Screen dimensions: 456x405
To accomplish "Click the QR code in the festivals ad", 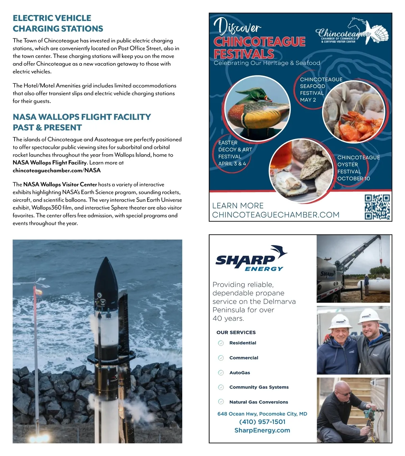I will (377, 207).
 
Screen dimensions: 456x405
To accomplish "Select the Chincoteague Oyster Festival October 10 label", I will (358, 168).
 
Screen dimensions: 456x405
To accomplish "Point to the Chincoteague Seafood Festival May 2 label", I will (321, 90).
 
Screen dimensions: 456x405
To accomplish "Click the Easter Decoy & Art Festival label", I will (235, 153).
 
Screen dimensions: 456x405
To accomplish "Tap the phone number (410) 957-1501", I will (262, 422).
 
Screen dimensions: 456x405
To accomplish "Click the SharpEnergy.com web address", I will (262, 430).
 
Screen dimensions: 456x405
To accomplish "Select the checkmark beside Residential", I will (221, 343).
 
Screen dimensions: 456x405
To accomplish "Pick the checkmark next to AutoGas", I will (221, 373).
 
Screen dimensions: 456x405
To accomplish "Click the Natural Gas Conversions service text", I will (259, 402).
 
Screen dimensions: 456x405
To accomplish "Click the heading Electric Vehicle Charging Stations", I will (58, 23).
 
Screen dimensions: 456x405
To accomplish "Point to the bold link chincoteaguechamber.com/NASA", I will (57, 170).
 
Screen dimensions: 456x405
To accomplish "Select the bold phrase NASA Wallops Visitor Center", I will (60, 184).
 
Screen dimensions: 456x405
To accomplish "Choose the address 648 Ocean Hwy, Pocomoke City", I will (262, 414).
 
